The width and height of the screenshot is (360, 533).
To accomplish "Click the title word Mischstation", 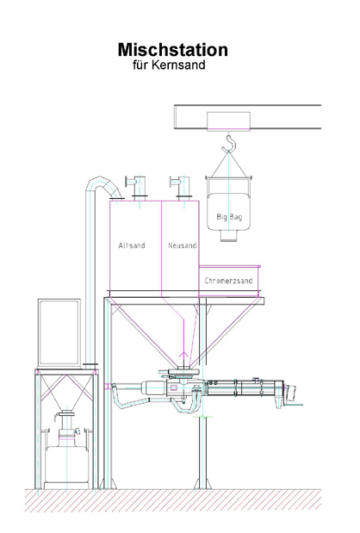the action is click(173, 50).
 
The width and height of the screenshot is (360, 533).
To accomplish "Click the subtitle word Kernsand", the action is click(178, 65).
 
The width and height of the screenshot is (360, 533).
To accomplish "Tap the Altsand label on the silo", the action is click(132, 245).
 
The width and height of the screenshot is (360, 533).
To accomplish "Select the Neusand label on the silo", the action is click(183, 245).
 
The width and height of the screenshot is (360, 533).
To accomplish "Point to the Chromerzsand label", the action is click(228, 281).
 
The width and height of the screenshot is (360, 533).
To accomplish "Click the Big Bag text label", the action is click(229, 216).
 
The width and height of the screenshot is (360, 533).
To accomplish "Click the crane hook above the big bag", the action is click(229, 143).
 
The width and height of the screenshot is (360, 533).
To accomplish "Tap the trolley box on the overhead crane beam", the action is click(229, 121).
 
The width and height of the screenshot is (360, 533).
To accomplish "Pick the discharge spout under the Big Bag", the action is click(228, 236).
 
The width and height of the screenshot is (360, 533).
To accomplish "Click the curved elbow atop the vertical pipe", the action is click(102, 183).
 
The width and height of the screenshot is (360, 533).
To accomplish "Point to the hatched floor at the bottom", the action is click(173, 500).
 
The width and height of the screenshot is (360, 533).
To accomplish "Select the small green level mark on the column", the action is click(203, 417).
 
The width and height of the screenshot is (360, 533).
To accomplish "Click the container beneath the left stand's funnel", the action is click(67, 464).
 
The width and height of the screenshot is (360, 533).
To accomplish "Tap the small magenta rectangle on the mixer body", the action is click(174, 387).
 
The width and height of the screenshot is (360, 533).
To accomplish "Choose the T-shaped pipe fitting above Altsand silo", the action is click(137, 187).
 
